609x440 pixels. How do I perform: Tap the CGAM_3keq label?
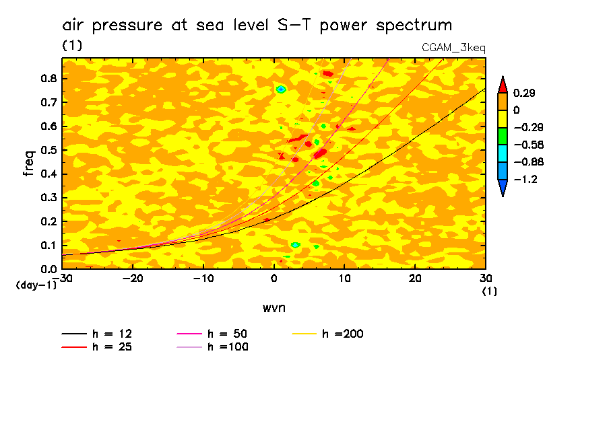[x=453, y=48]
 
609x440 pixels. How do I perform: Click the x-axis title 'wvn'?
[x=274, y=308]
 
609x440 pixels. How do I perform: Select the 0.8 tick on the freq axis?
[x=48, y=78]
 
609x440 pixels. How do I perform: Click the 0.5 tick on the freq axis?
[x=48, y=150]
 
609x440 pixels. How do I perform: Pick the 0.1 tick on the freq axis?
[x=48, y=246]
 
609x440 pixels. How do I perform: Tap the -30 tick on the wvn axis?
[x=63, y=277]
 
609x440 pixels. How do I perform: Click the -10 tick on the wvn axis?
[x=203, y=277]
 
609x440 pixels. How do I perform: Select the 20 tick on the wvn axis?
[x=415, y=277]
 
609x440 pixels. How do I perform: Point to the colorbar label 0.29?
[x=524, y=93]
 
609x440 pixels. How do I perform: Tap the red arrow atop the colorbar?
[x=503, y=84]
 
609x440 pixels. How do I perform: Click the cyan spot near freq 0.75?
[x=282, y=89]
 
